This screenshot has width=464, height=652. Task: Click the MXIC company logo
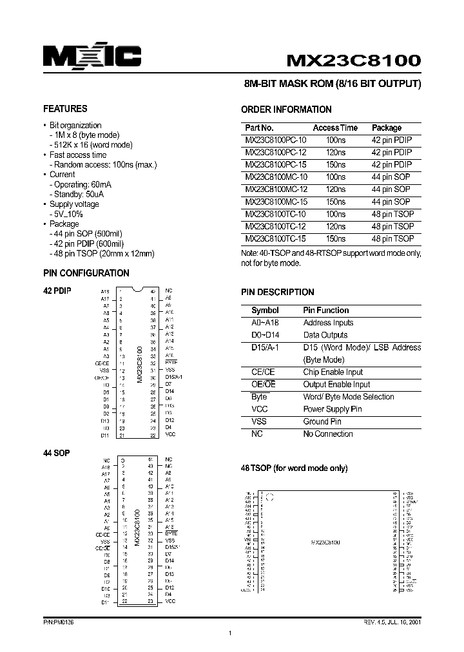point(92,57)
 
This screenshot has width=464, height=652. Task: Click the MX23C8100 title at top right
point(354,61)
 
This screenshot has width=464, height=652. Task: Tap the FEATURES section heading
point(65,109)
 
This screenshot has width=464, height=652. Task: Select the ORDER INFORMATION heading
point(286,110)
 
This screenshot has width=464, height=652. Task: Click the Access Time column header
point(335,128)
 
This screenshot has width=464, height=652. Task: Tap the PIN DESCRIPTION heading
point(278,292)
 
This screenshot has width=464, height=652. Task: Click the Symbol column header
point(265,310)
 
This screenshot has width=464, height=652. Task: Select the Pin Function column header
point(326,310)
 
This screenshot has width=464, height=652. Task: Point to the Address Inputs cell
point(328,322)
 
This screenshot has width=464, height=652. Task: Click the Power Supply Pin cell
point(333,409)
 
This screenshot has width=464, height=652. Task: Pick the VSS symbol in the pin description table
point(258,421)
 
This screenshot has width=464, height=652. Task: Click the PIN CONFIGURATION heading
point(86,273)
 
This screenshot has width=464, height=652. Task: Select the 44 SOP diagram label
point(57,453)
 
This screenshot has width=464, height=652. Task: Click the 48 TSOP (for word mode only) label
point(295,468)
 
